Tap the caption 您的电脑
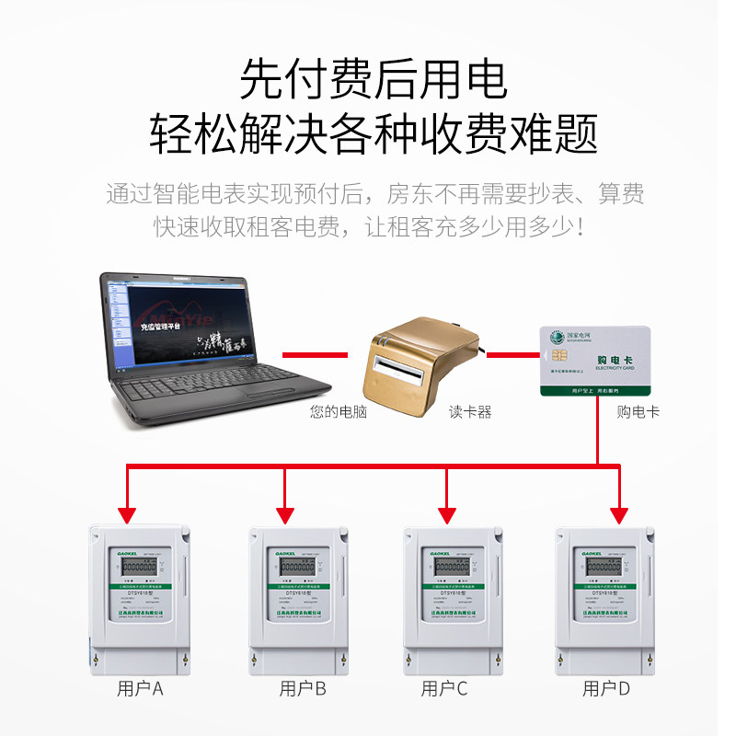tap(339, 412)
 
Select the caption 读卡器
tap(470, 412)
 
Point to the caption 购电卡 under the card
tap(638, 412)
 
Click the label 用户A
tap(140, 688)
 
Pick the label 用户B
tap(303, 688)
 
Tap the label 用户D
tap(606, 688)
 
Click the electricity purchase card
tap(595, 361)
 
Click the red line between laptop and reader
tap(315, 353)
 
